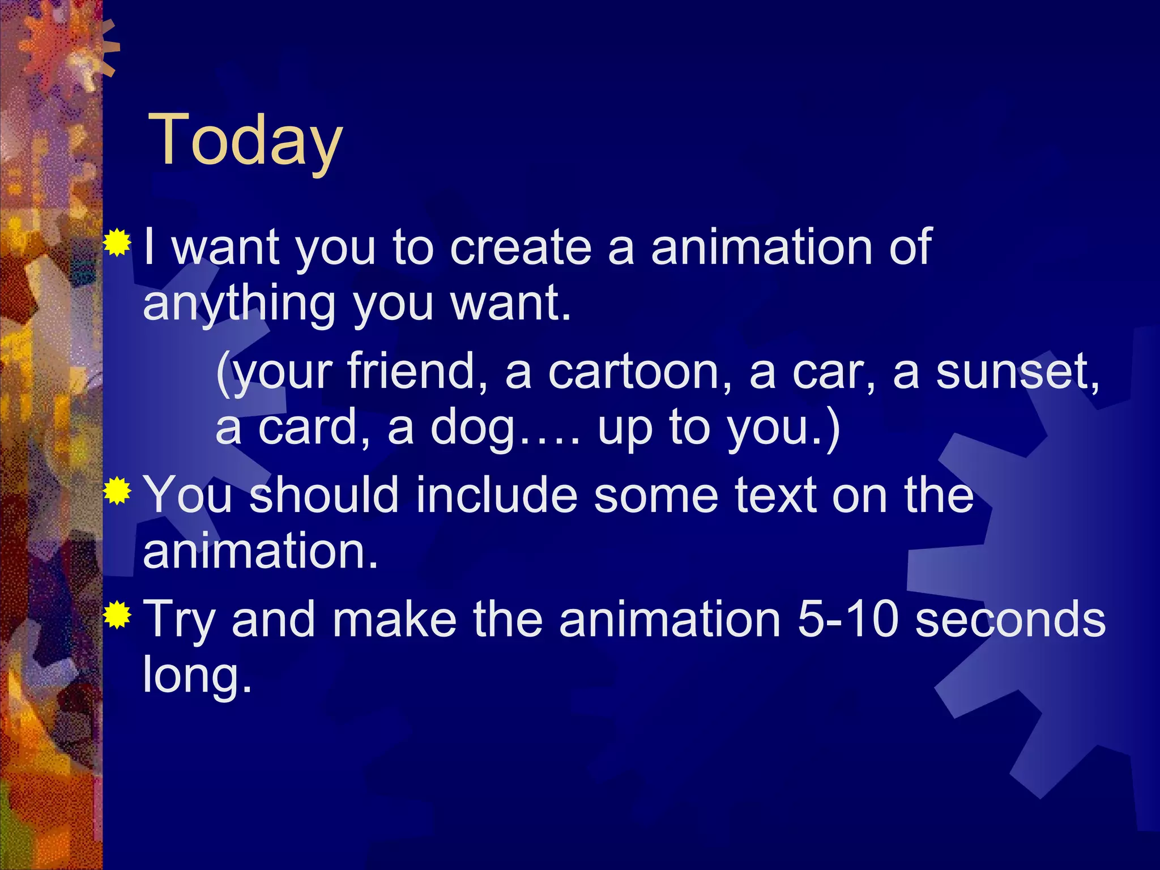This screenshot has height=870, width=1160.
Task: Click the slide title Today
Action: coord(245,140)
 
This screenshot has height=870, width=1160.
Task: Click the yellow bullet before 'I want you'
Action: coord(117,244)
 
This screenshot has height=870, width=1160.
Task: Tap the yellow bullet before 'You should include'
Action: coord(117,491)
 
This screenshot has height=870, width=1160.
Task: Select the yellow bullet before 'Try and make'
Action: coord(117,615)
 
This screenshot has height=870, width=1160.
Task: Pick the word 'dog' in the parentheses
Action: coord(474,429)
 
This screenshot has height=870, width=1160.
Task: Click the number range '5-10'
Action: coord(847,619)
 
